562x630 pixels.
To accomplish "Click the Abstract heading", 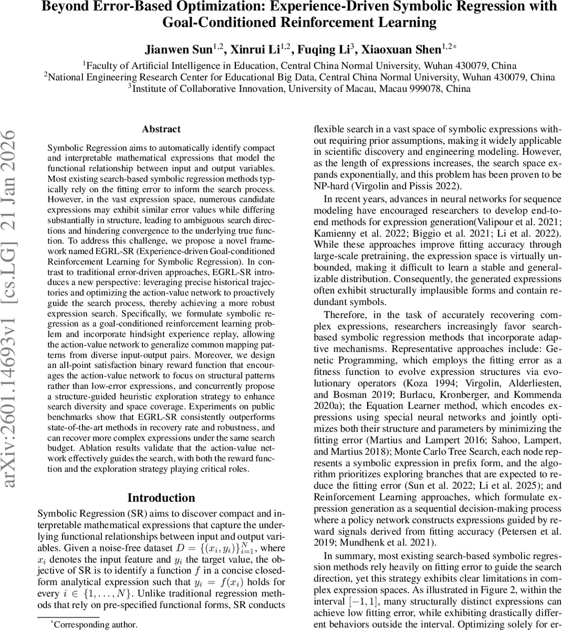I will pos(161,129).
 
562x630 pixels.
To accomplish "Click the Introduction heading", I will pos(161,498).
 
